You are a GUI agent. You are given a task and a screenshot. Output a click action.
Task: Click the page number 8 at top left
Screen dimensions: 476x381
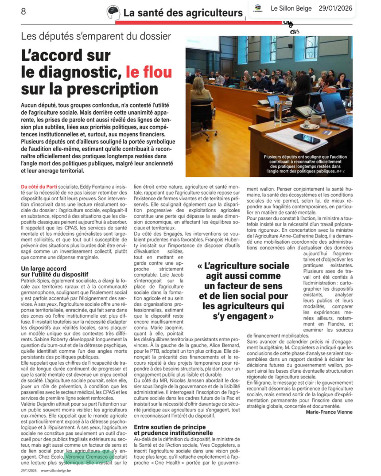[23, 12]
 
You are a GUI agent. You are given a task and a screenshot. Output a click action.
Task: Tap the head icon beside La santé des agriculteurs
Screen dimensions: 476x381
[113, 12]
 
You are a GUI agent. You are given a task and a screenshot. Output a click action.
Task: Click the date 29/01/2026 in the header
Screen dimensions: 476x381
[335, 8]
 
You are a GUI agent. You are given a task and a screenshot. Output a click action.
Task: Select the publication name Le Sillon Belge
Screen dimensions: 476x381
[291, 8]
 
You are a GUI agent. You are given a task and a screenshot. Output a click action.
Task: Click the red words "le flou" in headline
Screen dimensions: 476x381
[149, 72]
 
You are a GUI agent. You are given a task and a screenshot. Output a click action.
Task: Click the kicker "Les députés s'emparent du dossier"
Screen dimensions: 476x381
[96, 36]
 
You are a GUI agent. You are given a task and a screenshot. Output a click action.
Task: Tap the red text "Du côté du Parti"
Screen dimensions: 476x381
[39, 187]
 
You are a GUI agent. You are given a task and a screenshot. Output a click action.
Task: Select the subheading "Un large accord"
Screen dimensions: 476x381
[43, 268]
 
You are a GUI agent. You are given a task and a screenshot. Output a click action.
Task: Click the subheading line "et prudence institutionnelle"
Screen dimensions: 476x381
[173, 433]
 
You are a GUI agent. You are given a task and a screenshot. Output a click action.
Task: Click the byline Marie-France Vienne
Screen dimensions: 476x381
[329, 412]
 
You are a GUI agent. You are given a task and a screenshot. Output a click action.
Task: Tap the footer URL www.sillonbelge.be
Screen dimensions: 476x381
[56, 470]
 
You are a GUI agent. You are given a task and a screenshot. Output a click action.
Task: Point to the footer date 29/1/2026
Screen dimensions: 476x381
[29, 470]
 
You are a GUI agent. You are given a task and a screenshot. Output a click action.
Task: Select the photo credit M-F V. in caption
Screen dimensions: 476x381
[340, 171]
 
